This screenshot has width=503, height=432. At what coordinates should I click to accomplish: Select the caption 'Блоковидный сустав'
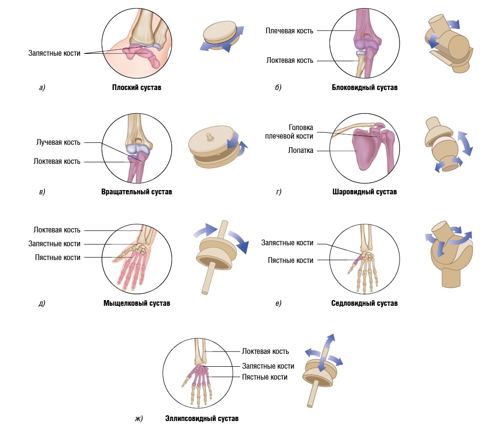[365, 88]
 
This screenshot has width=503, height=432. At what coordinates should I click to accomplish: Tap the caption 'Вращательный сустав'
[136, 192]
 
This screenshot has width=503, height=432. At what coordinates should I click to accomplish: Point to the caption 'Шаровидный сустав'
[364, 192]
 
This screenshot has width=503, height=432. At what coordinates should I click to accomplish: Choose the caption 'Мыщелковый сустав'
[136, 303]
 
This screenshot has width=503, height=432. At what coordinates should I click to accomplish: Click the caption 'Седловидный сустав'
[364, 303]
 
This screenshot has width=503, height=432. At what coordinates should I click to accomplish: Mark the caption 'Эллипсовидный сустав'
[202, 419]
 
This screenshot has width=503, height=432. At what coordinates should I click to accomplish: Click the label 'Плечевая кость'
[289, 31]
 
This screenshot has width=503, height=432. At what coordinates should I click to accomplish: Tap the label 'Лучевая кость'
[58, 142]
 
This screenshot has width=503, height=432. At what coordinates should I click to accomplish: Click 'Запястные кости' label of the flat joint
[54, 53]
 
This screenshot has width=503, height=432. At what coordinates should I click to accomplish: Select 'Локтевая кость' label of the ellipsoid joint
[265, 352]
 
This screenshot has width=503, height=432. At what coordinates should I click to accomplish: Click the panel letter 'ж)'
[139, 419]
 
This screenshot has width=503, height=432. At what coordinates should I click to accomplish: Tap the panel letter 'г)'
[278, 192]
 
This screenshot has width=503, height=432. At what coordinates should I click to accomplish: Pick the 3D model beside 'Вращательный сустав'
[217, 147]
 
